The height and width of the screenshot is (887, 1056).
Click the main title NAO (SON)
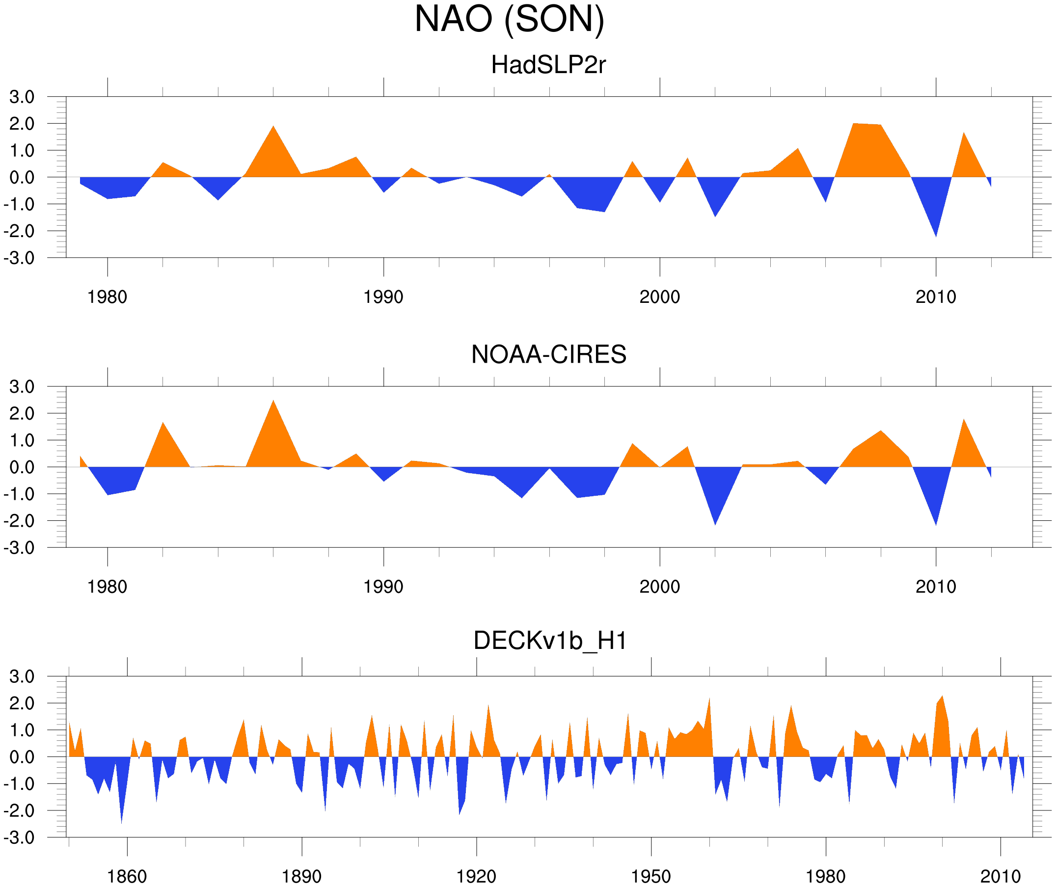[509, 19]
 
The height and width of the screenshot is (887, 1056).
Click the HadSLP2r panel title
[548, 65]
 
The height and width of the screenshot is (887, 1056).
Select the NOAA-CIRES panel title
[548, 354]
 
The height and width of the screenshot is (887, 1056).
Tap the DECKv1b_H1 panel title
[550, 641]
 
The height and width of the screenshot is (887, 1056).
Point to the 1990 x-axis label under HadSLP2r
[383, 297]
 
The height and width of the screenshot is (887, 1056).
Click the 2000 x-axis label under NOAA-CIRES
[659, 587]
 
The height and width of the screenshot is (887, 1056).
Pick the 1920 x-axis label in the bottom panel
[476, 876]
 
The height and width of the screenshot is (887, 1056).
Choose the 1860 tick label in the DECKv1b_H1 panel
[127, 876]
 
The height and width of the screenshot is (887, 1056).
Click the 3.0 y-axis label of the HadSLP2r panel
[22, 97]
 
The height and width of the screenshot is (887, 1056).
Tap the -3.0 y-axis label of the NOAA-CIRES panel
[19, 548]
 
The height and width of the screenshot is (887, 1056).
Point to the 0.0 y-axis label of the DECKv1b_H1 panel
[22, 757]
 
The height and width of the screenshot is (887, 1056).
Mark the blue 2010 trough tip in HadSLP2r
[936, 236]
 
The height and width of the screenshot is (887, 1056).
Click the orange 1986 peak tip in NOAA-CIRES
[273, 401]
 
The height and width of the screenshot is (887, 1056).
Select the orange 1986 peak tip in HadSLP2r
[273, 126]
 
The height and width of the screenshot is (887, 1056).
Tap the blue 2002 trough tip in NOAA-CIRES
[715, 525]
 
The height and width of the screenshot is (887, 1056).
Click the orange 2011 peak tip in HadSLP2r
[964, 133]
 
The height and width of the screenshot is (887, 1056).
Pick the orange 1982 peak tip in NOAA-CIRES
[163, 423]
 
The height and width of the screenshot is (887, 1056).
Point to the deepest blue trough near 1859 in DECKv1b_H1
[121, 823]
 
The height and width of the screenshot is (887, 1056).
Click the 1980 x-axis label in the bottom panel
[825, 876]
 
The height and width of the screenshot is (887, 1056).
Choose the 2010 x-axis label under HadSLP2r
[935, 297]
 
